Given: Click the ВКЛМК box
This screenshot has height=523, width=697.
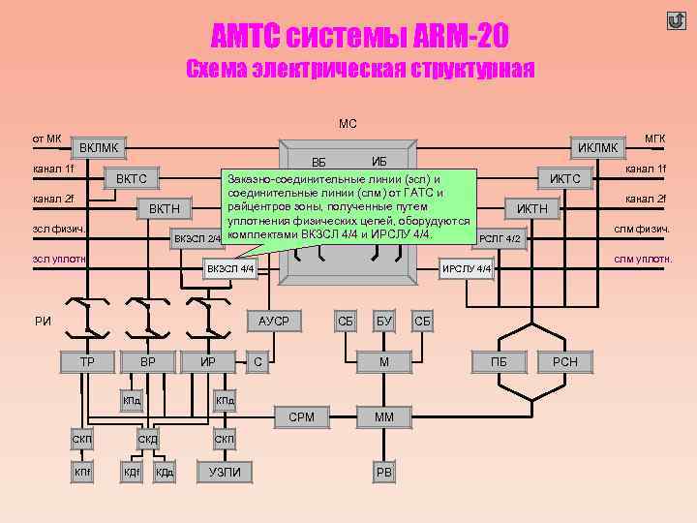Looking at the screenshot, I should pyautogui.click(x=100, y=147).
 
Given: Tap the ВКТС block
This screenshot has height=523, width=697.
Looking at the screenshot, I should pyautogui.click(x=131, y=178).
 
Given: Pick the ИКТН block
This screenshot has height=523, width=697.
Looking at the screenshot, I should pyautogui.click(x=531, y=208).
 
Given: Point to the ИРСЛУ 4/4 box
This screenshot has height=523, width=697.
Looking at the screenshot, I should pyautogui.click(x=467, y=268).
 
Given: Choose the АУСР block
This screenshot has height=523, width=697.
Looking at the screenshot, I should pyautogui.click(x=274, y=321).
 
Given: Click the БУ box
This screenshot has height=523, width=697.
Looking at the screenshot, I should pyautogui.click(x=383, y=321).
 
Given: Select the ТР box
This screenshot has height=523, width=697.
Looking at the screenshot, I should pyautogui.click(x=86, y=362).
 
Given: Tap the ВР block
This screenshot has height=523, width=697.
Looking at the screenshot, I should pyautogui.click(x=148, y=362).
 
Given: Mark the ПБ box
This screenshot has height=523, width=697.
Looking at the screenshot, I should pyautogui.click(x=499, y=362).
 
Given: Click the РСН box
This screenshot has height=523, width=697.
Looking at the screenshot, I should pyautogui.click(x=564, y=362).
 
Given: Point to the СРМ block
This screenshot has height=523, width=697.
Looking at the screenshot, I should pyautogui.click(x=301, y=417).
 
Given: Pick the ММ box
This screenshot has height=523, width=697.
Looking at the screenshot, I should pyautogui.click(x=383, y=417).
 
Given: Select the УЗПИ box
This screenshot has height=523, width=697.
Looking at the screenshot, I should pyautogui.click(x=225, y=472).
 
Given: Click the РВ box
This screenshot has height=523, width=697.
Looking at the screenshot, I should pyautogui.click(x=383, y=472).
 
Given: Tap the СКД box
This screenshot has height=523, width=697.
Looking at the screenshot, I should pyautogui.click(x=148, y=441).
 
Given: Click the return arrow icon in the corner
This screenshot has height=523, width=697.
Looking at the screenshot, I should pyautogui.click(x=676, y=21).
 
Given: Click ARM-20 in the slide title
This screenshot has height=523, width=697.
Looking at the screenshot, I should pyautogui.click(x=453, y=38).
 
